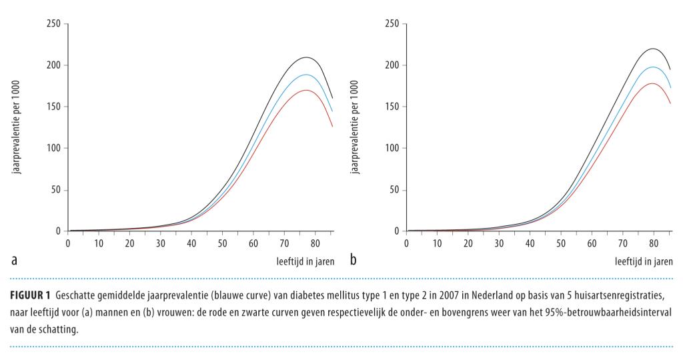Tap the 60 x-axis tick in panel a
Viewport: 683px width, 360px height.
(254, 243)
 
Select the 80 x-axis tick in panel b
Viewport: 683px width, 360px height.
(654, 243)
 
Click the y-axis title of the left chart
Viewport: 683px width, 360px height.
(17, 128)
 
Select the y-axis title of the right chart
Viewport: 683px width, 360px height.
(356, 128)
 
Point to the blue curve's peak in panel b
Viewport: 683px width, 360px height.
(653, 67)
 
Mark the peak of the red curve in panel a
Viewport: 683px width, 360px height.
(305, 90)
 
